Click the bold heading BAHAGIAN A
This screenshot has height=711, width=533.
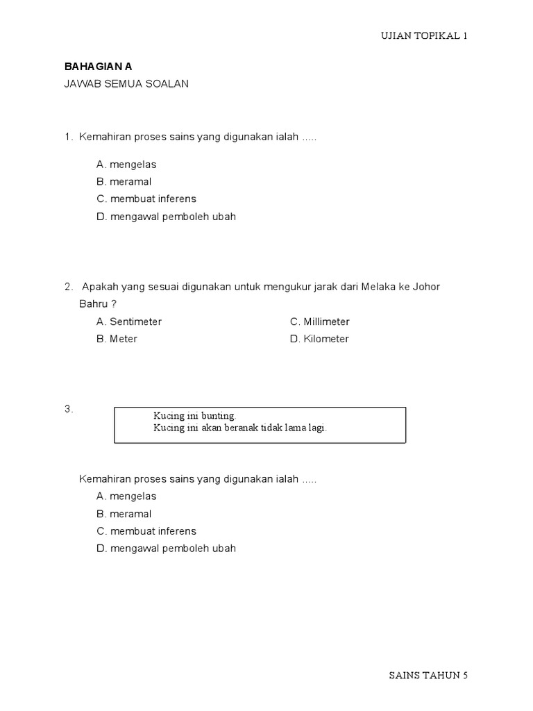pos(98,67)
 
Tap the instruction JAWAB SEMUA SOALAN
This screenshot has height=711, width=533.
pos(126,84)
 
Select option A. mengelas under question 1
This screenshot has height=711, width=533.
pos(126,165)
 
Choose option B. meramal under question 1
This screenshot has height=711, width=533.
pos(124,182)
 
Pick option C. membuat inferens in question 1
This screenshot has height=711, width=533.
pos(146,199)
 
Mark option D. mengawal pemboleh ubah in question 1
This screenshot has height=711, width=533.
pos(166,217)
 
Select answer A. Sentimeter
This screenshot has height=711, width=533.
pos(129,322)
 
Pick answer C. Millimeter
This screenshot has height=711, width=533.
pos(319,322)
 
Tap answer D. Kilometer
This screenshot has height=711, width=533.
pos(319,339)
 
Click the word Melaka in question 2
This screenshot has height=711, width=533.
pos(377,287)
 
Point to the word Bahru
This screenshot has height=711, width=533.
pos(94,304)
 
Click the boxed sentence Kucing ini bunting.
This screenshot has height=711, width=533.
pos(195,416)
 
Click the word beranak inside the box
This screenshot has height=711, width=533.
pos(245,428)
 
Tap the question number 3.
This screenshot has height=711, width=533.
pos(69,410)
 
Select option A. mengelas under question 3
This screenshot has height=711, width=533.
pos(126,496)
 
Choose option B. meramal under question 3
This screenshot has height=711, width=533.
pos(124,514)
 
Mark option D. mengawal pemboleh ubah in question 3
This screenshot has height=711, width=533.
pos(166,549)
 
